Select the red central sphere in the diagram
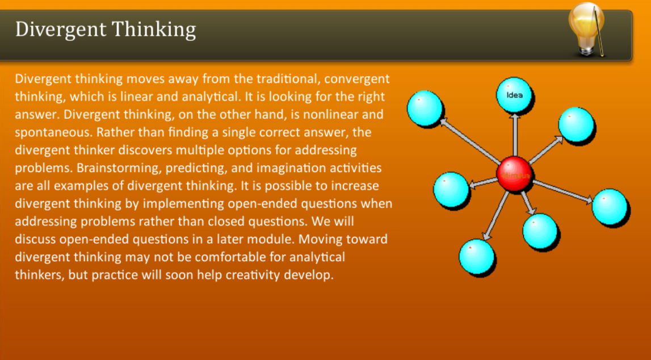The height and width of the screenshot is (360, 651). (x=514, y=174)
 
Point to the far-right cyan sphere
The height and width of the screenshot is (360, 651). (x=609, y=206)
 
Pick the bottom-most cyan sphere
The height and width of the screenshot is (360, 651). (x=476, y=256)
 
